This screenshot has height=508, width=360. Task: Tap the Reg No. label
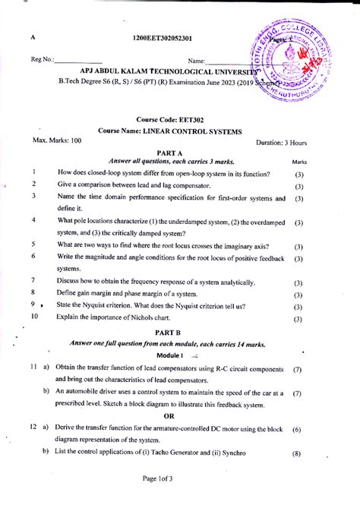[x=43, y=60]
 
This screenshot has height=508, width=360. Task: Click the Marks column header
[x=299, y=162]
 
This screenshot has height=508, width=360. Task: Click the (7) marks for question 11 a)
[x=297, y=369]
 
